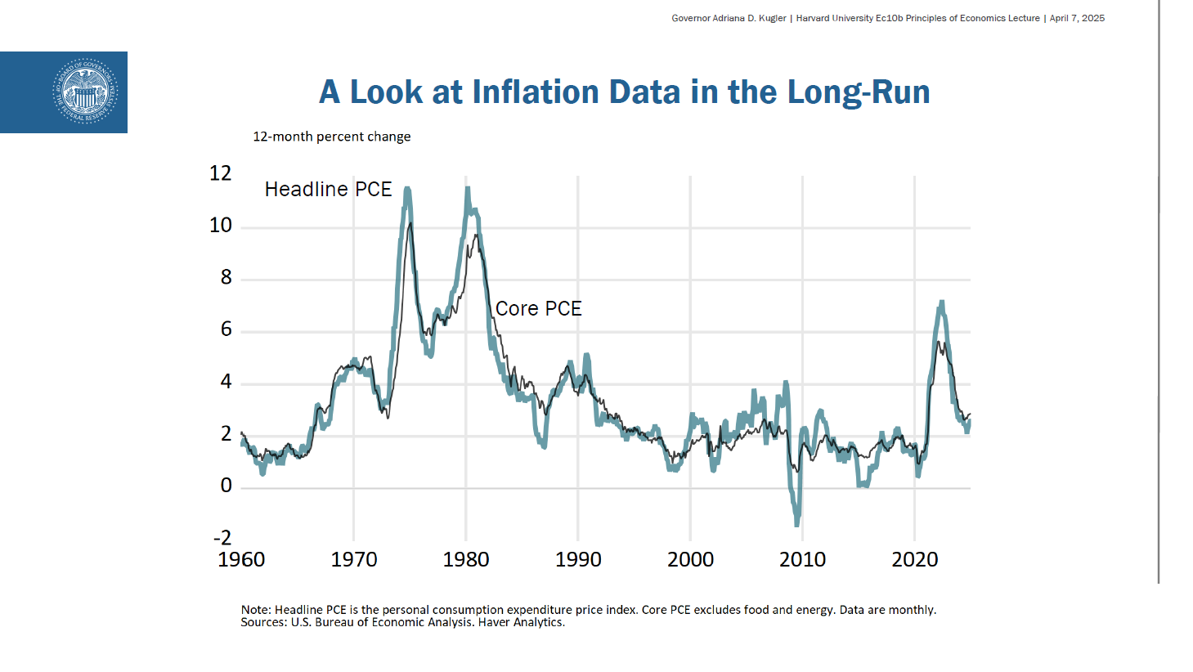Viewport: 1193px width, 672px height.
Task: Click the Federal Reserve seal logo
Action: (84, 92)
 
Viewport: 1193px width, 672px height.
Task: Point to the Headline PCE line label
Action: (328, 189)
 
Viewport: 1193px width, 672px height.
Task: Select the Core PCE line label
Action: (538, 308)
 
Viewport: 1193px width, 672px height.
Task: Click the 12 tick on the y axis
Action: (221, 173)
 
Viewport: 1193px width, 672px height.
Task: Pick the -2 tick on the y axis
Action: (222, 537)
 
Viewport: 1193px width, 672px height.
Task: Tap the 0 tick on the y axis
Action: (226, 486)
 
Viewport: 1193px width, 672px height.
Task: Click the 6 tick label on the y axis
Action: (226, 329)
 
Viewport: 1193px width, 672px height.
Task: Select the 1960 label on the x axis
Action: (241, 559)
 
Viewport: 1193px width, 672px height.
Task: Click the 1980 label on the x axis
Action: (466, 559)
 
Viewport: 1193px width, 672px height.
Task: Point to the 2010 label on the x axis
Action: (802, 559)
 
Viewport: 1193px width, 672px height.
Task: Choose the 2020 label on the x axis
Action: (914, 559)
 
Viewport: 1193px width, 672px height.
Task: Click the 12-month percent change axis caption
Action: (331, 137)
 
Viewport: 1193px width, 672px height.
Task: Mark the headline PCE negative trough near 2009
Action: (796, 522)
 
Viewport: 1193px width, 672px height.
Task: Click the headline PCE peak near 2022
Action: (942, 302)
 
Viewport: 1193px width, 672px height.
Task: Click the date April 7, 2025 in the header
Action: (1077, 18)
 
